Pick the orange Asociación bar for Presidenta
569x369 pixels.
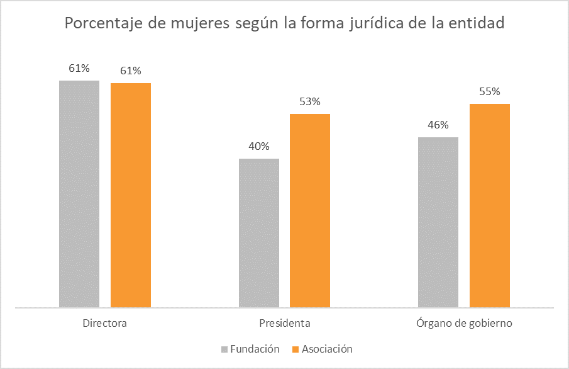point(310,211)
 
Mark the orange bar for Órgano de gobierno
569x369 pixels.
point(489,206)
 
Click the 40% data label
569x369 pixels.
point(259,147)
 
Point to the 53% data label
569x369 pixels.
point(310,102)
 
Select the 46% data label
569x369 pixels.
point(438,125)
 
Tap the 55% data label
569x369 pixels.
point(489,92)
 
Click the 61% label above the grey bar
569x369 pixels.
point(79,69)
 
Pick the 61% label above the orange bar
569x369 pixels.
point(131,71)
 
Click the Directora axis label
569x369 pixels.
point(105,324)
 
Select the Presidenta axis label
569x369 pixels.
point(284,324)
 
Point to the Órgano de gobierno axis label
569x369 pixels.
point(464,324)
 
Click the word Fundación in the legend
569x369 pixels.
point(255,349)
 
